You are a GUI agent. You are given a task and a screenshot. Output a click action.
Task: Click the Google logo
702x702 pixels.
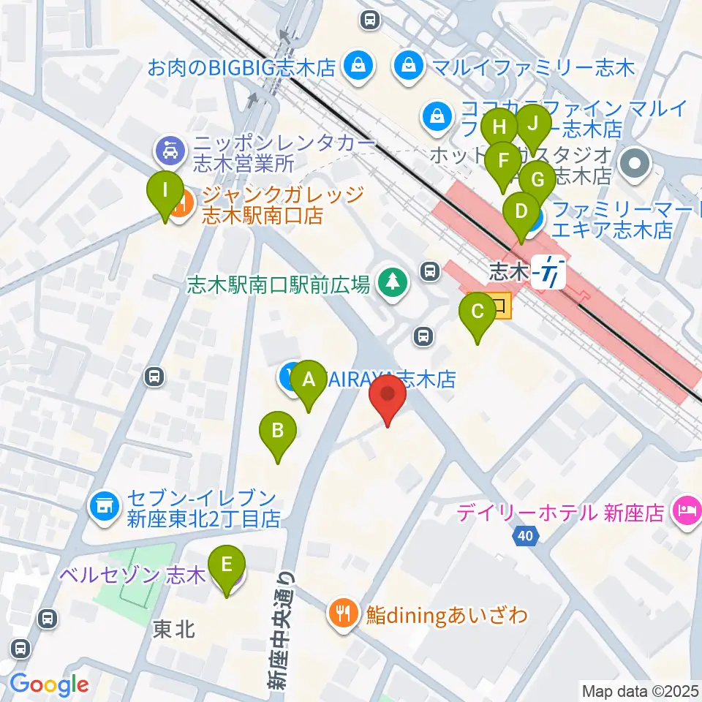coord(49,684)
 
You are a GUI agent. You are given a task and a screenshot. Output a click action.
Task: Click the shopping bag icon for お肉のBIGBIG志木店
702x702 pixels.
coord(360,68)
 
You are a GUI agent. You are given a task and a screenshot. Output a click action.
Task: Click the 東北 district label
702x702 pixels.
coord(174,630)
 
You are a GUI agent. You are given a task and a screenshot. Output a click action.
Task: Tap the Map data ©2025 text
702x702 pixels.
coord(640,690)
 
